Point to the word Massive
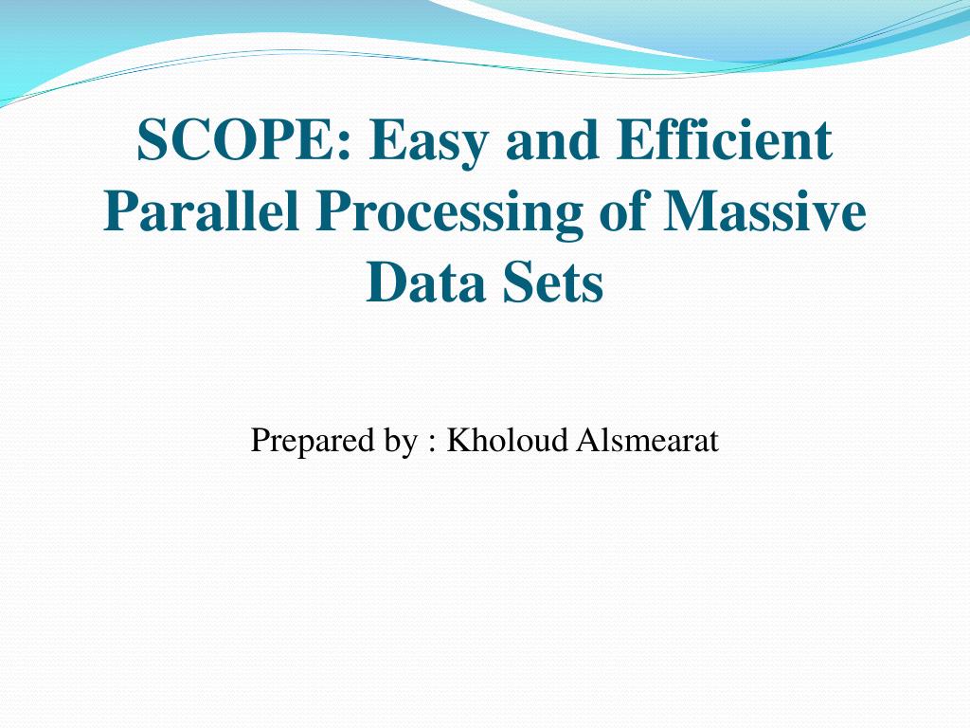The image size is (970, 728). [764, 212]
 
